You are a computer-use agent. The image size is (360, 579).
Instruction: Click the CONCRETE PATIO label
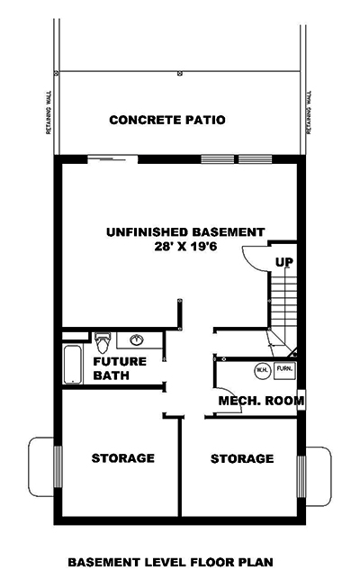pyautogui.click(x=166, y=120)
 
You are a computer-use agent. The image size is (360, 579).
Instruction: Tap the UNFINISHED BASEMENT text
pyautogui.click(x=185, y=231)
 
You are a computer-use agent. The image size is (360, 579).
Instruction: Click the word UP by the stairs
pyautogui.click(x=283, y=263)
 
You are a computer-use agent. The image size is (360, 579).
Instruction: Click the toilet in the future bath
pyautogui.click(x=103, y=343)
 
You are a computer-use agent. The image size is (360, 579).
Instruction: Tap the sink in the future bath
pyautogui.click(x=138, y=340)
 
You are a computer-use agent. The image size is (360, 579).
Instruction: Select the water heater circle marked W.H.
pyautogui.click(x=261, y=368)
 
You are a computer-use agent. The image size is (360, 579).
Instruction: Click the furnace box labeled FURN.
pyautogui.click(x=284, y=368)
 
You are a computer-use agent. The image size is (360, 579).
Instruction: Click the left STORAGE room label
pyautogui.click(x=122, y=458)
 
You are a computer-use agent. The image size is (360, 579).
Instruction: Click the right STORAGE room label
pyautogui.click(x=242, y=459)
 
